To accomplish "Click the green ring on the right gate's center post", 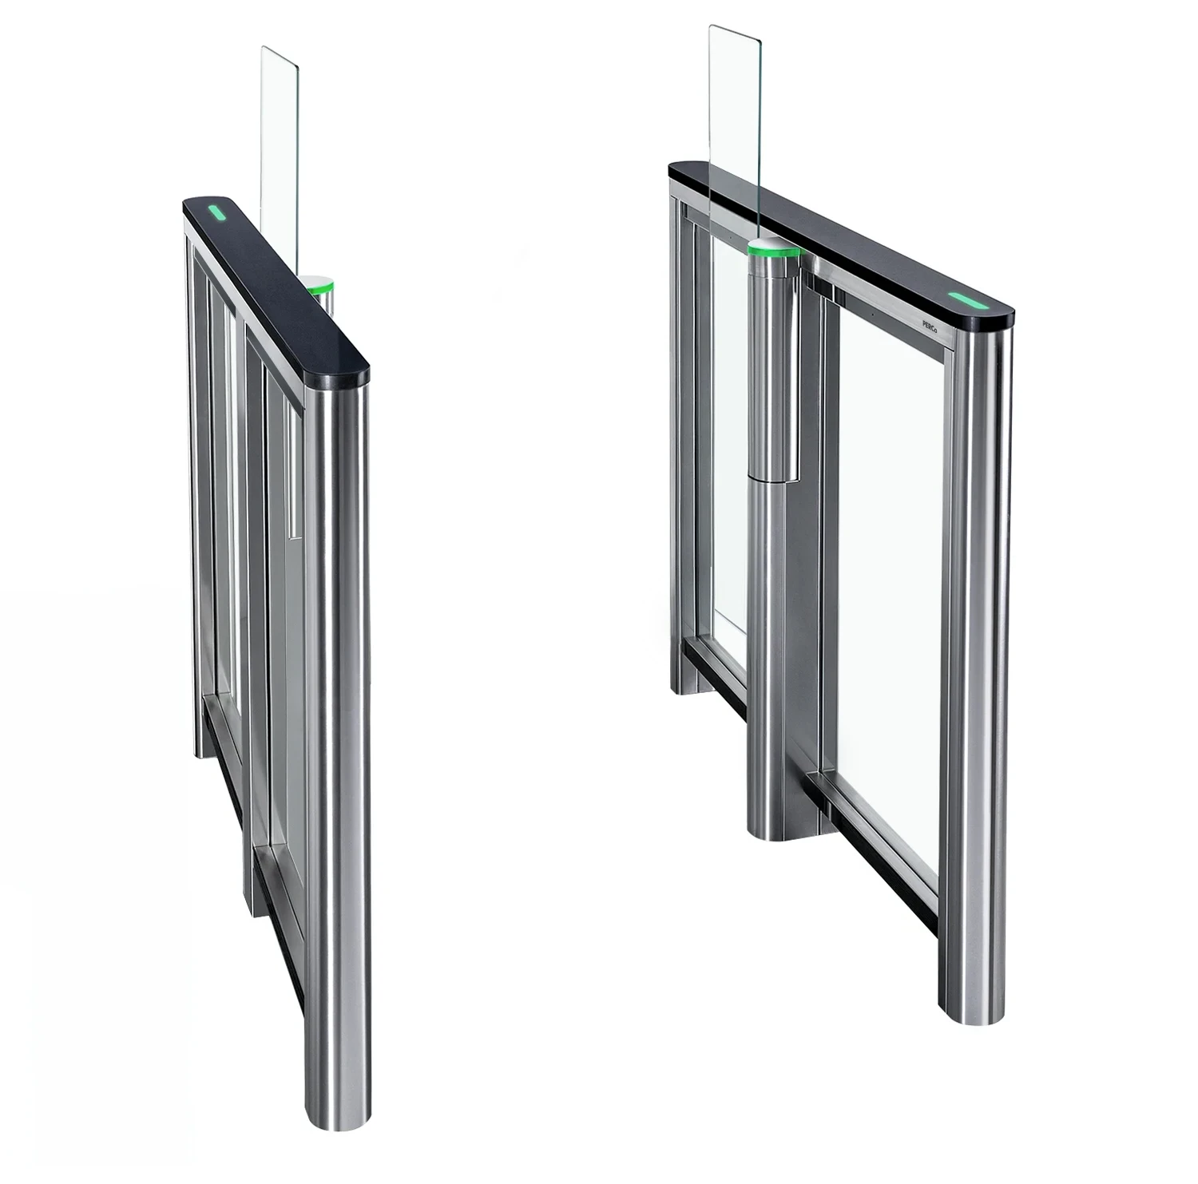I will (772, 255).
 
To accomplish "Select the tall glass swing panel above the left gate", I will (280, 152).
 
